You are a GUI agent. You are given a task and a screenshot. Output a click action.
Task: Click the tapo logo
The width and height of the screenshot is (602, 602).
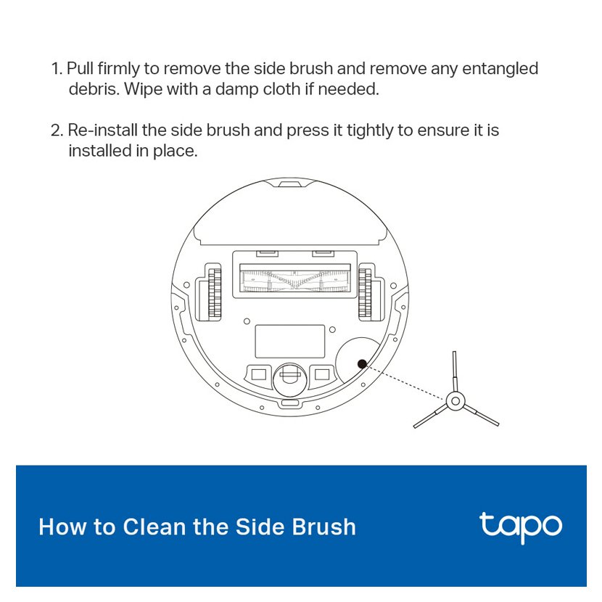click(521, 527)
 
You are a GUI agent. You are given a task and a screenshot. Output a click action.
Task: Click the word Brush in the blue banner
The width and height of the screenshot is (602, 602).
click(323, 527)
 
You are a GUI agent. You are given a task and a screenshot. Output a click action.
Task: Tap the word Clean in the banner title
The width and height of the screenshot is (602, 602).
click(154, 527)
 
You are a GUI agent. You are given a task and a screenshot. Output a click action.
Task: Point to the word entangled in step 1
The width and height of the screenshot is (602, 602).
click(500, 69)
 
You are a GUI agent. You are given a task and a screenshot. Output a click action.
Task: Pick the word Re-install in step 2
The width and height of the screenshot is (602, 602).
click(102, 130)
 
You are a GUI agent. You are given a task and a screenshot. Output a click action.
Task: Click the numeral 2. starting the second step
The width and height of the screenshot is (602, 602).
click(57, 131)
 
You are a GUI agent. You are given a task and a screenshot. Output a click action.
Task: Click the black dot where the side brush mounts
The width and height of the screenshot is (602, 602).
click(362, 363)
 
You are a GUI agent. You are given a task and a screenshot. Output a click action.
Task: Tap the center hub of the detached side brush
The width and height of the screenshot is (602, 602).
click(455, 401)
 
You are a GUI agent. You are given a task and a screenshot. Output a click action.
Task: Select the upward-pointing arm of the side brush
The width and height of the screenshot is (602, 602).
click(455, 371)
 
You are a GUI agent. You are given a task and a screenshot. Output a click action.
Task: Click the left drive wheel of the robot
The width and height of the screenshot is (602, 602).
click(215, 294)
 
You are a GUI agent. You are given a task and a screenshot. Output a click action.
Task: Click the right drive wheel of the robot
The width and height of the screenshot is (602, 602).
click(365, 294)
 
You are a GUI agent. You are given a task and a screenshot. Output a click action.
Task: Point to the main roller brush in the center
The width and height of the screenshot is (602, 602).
click(295, 280)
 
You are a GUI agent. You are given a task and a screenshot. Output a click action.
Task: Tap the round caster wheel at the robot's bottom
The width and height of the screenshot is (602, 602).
click(290, 379)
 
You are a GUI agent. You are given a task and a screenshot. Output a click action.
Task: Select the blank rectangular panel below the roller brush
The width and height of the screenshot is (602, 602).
click(290, 342)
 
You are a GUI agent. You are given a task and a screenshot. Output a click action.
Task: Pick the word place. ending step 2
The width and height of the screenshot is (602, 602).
click(176, 152)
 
